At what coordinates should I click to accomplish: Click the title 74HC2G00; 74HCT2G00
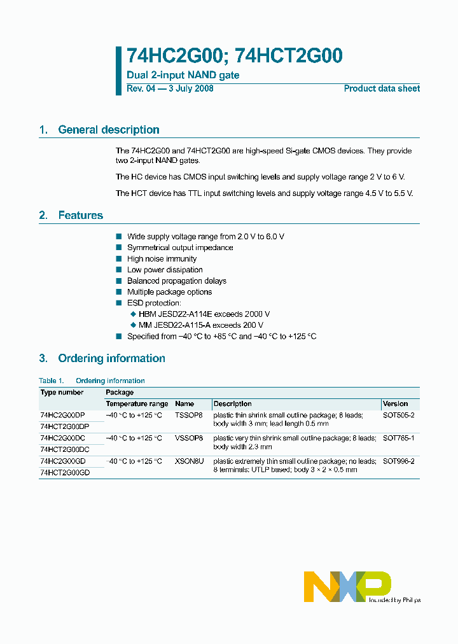coord(235,57)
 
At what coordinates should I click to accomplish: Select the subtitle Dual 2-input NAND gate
coord(183,76)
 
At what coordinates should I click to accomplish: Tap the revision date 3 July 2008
coord(190,88)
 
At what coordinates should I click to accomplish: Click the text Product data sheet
coord(382,88)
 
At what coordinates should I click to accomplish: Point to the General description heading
coord(108,130)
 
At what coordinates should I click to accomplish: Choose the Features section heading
coord(80,216)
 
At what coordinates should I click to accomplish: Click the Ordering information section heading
coord(111,358)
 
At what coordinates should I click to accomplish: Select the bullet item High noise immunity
coord(162,259)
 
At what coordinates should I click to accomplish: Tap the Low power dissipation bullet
coord(165,270)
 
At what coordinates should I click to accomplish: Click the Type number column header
coord(62,393)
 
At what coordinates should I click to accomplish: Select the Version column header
coord(396,403)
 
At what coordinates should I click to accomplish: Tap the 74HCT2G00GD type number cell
coord(65,473)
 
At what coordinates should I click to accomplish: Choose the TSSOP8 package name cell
coord(188,415)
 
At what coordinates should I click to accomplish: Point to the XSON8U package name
coord(189,461)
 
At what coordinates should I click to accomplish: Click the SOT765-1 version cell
coord(398,438)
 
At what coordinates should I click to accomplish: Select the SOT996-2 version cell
coord(398,461)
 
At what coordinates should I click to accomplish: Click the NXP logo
coord(347,586)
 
